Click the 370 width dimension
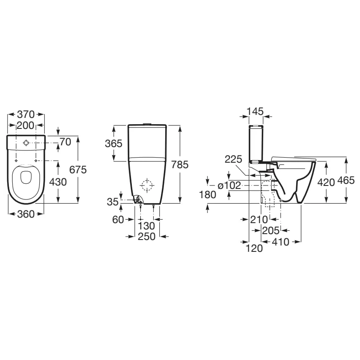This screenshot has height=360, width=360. pyautogui.click(x=26, y=114)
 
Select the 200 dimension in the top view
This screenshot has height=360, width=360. pyautogui.click(x=26, y=125)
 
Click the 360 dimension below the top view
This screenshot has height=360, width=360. pyautogui.click(x=26, y=214)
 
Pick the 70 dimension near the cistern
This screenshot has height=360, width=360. pyautogui.click(x=65, y=142)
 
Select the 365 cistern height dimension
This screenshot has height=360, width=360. pyautogui.click(x=114, y=143)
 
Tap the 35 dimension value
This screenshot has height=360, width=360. pyautogui.click(x=112, y=202)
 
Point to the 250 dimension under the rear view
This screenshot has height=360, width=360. pyautogui.click(x=147, y=237)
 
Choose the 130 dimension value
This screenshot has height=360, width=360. pyautogui.click(x=147, y=226)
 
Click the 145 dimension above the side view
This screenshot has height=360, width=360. pyautogui.click(x=255, y=111)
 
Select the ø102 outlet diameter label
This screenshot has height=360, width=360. pyautogui.click(x=229, y=185)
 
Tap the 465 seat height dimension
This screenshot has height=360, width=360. pyautogui.click(x=346, y=181)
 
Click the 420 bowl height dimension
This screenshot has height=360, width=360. pyautogui.click(x=326, y=182)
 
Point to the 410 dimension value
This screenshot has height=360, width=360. pyautogui.click(x=281, y=242)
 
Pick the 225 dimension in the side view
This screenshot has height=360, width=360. pyautogui.click(x=233, y=159)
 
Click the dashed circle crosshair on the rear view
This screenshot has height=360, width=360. pyautogui.click(x=147, y=185)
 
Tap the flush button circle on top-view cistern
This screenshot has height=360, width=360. pyautogui.click(x=26, y=143)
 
